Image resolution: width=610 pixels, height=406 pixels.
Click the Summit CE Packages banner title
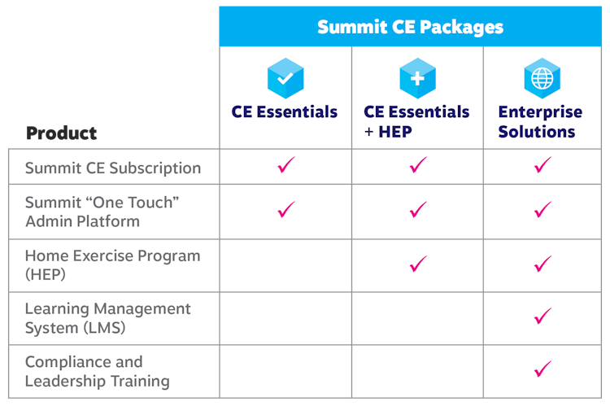pos(411,27)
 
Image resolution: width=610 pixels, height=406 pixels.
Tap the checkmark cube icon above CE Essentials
pos(285,78)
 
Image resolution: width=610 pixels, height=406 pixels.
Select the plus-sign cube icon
pos(417,78)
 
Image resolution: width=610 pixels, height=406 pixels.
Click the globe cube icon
pos(542,78)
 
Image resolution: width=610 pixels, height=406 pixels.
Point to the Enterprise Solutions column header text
pos(540,122)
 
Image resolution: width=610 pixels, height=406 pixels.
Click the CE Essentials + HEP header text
pos(416,122)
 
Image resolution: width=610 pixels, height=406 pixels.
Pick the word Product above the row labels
pos(62,133)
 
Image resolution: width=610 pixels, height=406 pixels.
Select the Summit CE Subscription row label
pos(113,168)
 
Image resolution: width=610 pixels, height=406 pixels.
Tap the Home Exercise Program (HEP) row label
pos(112,265)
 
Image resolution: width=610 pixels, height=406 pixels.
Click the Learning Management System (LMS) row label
pos(107,318)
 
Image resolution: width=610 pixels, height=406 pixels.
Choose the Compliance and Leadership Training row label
pos(98,371)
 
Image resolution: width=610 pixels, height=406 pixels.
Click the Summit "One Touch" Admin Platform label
pos(102,212)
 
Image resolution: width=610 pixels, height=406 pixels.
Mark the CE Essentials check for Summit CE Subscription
pos(286,164)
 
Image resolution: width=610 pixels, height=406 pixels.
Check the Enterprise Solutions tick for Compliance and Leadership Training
pos(542,369)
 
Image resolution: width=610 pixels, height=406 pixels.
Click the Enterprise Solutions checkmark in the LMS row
pos(542,316)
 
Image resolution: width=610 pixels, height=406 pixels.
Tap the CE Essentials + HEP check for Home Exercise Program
pos(418,264)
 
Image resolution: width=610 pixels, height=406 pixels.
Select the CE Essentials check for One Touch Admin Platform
pos(286,209)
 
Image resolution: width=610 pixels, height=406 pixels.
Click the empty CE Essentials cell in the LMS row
pos(285,318)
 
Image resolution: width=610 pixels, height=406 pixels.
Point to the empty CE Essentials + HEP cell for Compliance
pos(417,371)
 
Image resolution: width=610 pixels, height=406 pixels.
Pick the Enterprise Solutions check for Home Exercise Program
pos(542,264)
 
